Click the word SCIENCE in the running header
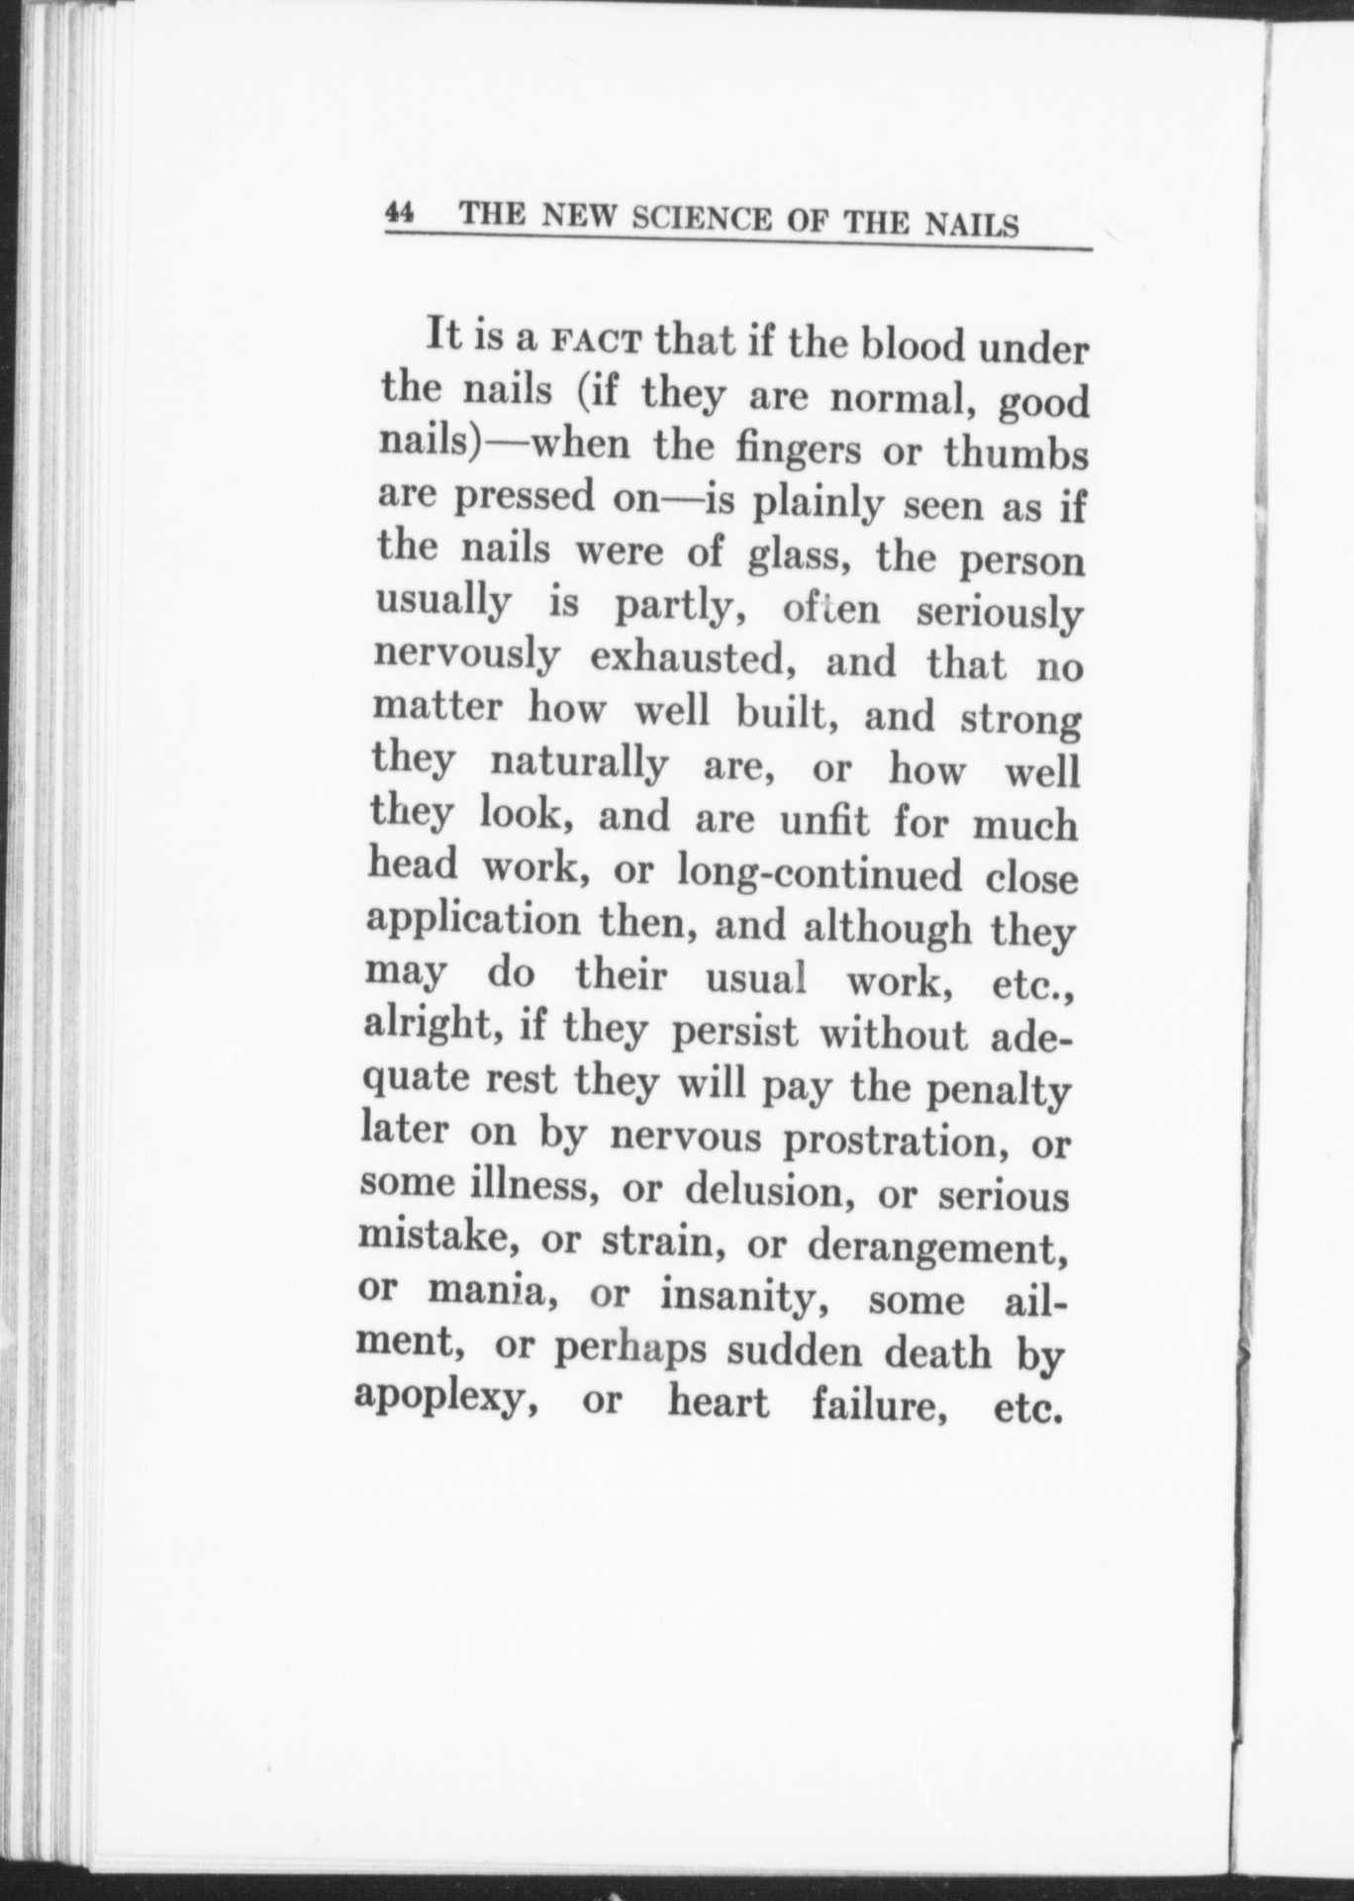pos(702,218)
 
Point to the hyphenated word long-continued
pos(819,873)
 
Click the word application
pos(473,920)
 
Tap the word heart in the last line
pos(719,1403)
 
